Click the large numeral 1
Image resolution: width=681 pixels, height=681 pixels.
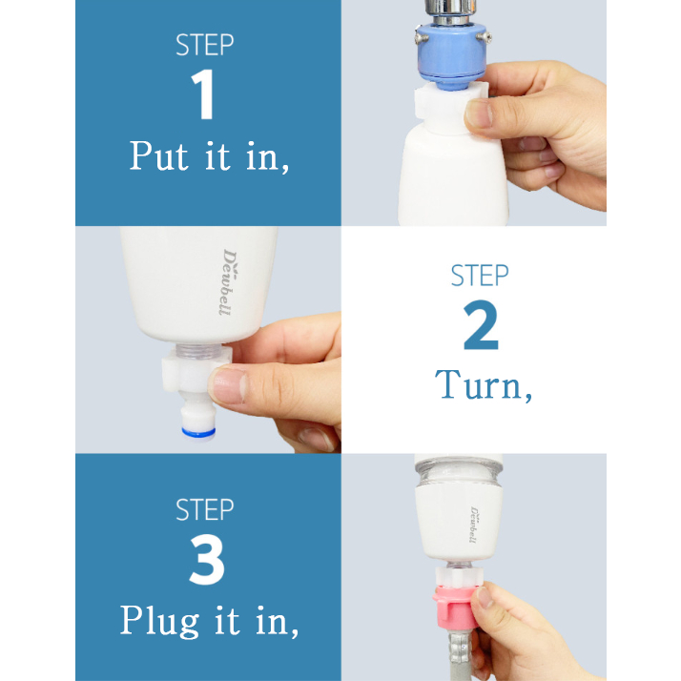[x=203, y=94]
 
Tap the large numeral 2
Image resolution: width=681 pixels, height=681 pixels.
[x=481, y=324]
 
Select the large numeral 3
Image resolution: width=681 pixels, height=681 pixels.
[x=207, y=559]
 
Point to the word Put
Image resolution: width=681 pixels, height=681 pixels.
[x=159, y=155]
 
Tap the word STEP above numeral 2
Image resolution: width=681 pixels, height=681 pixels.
[x=480, y=276]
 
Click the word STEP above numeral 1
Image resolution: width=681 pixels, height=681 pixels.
[x=204, y=45]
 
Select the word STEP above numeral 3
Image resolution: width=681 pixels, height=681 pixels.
[x=204, y=510]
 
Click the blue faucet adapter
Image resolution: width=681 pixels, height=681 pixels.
[x=452, y=55]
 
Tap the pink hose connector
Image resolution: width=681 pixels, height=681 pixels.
[x=456, y=607]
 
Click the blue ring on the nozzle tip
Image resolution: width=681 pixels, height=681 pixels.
[x=198, y=432]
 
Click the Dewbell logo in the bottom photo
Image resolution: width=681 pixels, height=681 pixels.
[x=474, y=525]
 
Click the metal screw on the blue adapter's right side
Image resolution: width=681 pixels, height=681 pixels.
[x=485, y=37]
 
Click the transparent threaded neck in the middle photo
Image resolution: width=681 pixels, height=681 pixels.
[x=198, y=351]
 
